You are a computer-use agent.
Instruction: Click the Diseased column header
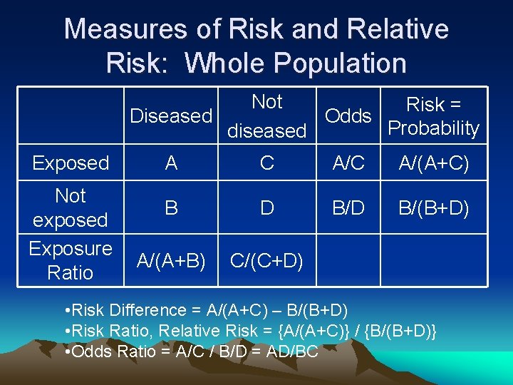click(x=171, y=115)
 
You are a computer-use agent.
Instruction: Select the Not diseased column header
click(x=266, y=116)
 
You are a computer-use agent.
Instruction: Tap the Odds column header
click(x=348, y=115)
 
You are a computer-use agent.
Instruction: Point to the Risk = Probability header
click(x=433, y=116)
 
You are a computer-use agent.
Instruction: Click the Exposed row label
click(x=71, y=163)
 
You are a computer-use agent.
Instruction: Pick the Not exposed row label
click(x=71, y=207)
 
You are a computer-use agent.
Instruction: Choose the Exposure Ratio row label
click(x=71, y=260)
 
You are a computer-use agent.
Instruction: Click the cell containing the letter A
click(x=171, y=163)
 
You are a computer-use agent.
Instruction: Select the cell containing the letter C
click(x=266, y=163)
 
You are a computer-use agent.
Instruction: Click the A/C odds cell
click(x=349, y=163)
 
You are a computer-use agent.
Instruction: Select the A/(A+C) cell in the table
click(x=433, y=163)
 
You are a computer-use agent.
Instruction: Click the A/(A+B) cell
click(x=172, y=260)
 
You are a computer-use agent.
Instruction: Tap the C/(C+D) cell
click(x=266, y=260)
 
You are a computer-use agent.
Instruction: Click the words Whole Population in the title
click(x=296, y=63)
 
